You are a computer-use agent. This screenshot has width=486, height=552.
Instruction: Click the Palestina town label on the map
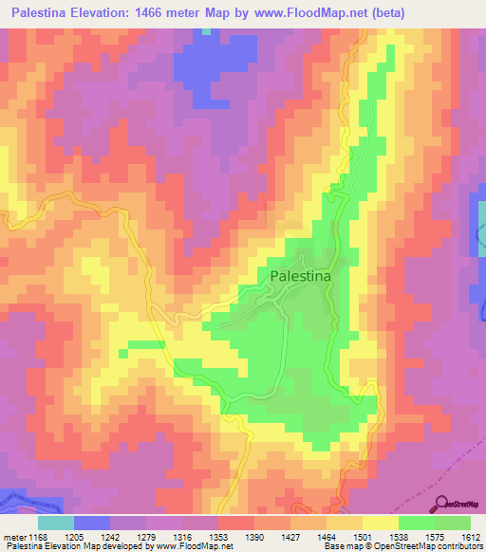(301, 276)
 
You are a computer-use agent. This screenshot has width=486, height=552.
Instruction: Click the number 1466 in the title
(185, 13)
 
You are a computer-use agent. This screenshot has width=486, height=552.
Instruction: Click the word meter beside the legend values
(14, 536)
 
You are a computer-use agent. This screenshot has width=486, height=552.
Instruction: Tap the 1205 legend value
(74, 536)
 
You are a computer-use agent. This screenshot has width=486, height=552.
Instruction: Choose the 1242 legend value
(110, 536)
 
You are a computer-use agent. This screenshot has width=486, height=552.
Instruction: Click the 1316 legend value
(182, 536)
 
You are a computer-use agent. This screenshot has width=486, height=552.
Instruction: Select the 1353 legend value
(218, 536)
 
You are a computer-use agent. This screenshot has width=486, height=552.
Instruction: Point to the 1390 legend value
(254, 536)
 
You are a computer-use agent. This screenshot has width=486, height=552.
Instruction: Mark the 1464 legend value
(327, 536)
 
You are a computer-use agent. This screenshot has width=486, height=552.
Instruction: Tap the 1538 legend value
(399, 536)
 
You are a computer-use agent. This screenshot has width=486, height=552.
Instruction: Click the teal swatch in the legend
(56, 523)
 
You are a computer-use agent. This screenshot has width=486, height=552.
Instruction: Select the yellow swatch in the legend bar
(381, 523)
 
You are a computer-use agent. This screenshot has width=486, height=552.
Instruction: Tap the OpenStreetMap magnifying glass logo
(440, 505)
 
